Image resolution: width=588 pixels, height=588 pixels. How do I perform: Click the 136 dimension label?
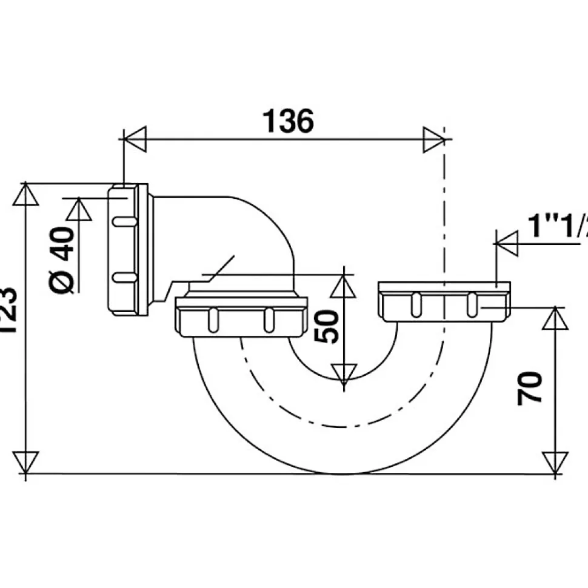pos(288,121)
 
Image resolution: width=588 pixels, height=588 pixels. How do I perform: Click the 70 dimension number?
pos(530,389)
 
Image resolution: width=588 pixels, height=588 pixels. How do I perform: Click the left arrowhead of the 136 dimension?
pos(135,139)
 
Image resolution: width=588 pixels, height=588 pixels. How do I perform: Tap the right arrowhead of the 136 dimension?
pos(434,139)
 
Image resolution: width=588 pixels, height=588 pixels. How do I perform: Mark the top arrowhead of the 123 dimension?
pos(25,195)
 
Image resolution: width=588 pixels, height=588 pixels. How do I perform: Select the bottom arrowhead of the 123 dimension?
pos(25,462)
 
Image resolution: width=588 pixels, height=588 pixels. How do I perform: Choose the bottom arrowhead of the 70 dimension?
pos(554,462)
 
